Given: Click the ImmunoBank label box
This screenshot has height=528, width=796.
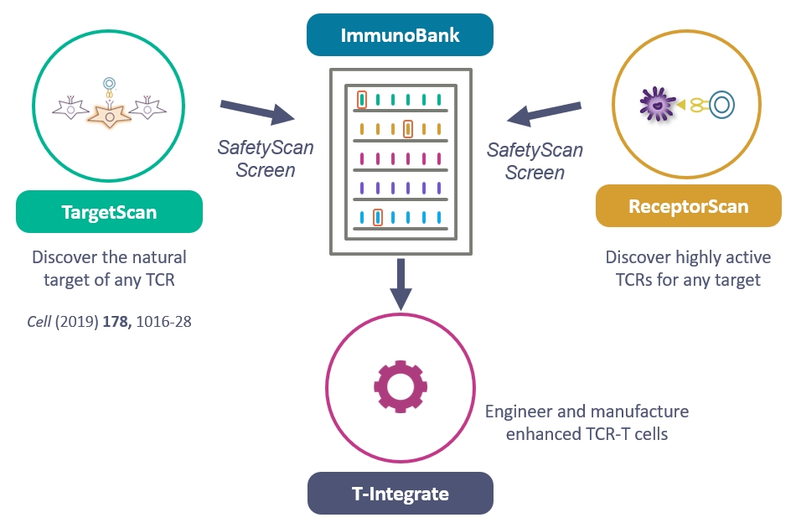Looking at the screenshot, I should pyautogui.click(x=400, y=36).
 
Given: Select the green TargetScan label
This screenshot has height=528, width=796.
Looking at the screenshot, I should pyautogui.click(x=109, y=212).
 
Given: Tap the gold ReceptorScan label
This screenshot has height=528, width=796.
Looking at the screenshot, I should pyautogui.click(x=688, y=206).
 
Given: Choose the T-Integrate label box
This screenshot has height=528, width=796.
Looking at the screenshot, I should pyautogui.click(x=400, y=494).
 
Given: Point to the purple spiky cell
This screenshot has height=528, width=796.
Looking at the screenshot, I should pyautogui.click(x=656, y=104).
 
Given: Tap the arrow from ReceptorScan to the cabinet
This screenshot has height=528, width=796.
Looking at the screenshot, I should pyautogui.click(x=545, y=113).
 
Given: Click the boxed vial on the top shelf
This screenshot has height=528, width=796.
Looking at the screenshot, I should pyautogui.click(x=362, y=99).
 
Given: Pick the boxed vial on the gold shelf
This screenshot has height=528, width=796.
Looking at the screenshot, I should pyautogui.click(x=408, y=129).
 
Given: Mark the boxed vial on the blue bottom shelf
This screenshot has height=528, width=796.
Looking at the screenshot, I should pyautogui.click(x=378, y=217).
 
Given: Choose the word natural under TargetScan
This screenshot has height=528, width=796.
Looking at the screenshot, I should pyautogui.click(x=158, y=256).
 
